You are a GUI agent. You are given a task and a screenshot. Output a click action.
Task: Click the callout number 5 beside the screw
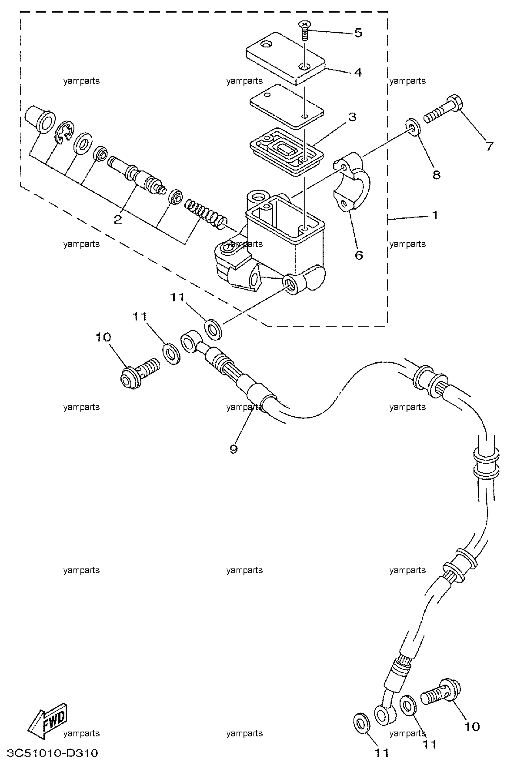358,33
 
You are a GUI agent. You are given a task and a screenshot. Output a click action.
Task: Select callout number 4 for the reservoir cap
357,72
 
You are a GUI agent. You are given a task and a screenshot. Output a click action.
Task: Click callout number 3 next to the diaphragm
352,117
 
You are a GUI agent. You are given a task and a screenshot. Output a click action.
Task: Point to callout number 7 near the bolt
490,147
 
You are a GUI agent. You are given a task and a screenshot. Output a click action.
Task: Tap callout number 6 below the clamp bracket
359,255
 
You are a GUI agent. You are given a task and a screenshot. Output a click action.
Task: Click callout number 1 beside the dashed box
434,215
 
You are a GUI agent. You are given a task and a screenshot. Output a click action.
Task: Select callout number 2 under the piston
118,219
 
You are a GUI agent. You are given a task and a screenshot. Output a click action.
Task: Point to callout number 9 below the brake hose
233,449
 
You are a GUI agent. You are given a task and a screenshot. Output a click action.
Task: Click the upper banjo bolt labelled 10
140,370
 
